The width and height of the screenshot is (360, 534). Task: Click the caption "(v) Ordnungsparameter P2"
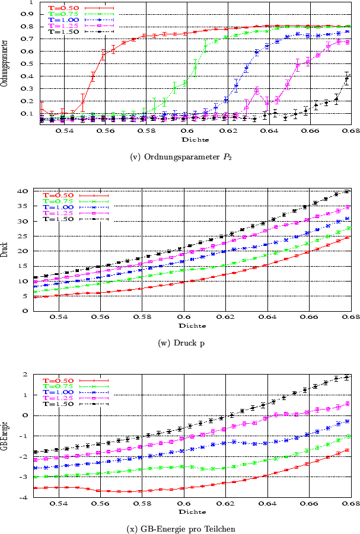(x=180, y=157)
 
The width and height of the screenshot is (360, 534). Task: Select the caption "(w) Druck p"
(x=180, y=343)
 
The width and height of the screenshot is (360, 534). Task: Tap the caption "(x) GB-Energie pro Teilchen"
(x=180, y=528)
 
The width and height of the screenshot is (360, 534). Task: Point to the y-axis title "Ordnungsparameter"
(x=5, y=63)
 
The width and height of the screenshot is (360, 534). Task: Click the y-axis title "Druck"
(x=5, y=251)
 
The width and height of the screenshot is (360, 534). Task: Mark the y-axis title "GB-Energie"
(x=5, y=436)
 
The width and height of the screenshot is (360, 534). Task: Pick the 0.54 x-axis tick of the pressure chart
(x=58, y=318)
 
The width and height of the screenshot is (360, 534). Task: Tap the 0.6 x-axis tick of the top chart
(x=187, y=131)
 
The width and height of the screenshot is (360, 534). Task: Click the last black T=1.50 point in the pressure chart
(x=347, y=191)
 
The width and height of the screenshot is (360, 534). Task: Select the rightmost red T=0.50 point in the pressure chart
(x=347, y=237)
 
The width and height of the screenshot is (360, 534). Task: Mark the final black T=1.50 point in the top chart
(x=347, y=77)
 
